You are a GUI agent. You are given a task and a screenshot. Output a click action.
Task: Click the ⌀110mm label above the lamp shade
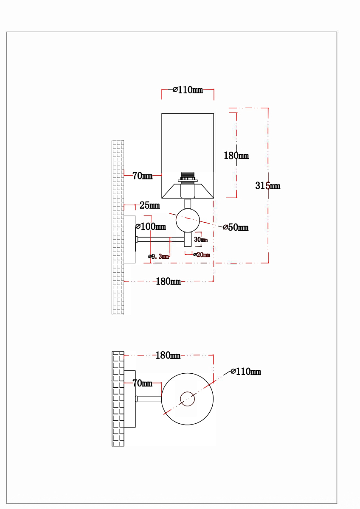188,90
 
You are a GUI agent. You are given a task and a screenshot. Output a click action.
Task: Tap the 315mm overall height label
268,186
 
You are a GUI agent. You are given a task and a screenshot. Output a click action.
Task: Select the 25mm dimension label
149,205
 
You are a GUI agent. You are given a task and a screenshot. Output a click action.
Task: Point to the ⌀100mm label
151,227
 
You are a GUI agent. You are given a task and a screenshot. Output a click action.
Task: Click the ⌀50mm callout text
236,227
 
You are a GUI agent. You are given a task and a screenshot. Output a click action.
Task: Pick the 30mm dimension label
201,240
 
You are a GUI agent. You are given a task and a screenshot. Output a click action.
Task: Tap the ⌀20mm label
202,255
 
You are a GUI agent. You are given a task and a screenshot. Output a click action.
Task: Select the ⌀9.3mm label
158,257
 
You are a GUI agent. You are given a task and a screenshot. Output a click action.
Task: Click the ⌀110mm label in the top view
246,372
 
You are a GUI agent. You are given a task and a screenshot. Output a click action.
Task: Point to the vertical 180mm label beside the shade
236,156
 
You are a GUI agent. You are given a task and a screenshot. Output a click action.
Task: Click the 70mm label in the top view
142,383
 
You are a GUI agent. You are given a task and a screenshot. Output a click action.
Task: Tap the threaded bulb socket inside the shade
188,177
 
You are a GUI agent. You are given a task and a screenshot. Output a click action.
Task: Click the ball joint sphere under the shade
188,220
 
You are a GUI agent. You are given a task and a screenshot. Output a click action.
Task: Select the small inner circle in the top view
187,399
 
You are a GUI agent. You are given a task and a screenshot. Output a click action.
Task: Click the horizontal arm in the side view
160,239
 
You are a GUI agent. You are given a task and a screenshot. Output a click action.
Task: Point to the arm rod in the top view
149,399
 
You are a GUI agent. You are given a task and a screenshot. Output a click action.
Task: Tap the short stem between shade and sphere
188,204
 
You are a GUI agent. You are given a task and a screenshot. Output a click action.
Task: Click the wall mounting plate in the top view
129,399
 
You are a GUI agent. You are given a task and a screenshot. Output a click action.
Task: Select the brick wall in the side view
118,227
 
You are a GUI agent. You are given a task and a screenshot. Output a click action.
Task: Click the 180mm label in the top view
168,355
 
